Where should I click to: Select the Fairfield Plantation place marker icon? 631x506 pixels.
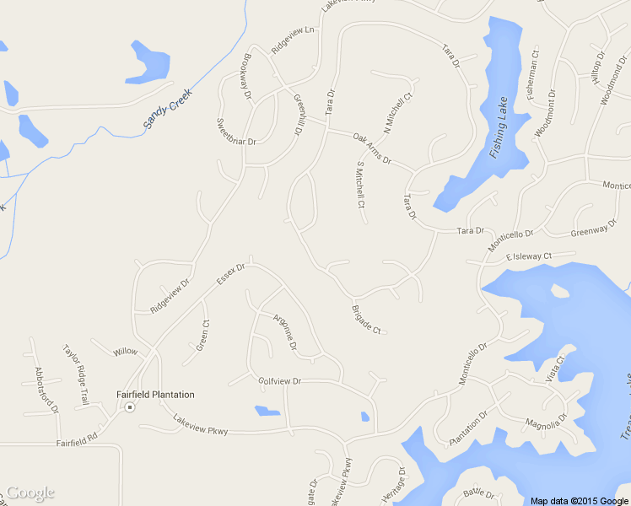130,407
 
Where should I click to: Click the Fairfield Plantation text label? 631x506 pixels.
154,395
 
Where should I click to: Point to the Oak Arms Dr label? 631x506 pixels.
372,148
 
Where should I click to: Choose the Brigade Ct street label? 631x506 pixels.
366,318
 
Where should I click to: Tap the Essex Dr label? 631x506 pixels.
230,279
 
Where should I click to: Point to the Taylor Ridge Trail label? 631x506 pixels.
76,374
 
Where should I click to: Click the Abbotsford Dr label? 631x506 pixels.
46,387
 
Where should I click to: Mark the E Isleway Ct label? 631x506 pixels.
529,256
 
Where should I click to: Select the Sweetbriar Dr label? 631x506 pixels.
236,134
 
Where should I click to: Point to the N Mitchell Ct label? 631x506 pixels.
398,112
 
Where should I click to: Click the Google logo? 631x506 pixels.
30,493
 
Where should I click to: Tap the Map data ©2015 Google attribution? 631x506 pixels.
580,501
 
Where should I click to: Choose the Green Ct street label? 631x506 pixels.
203,334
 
